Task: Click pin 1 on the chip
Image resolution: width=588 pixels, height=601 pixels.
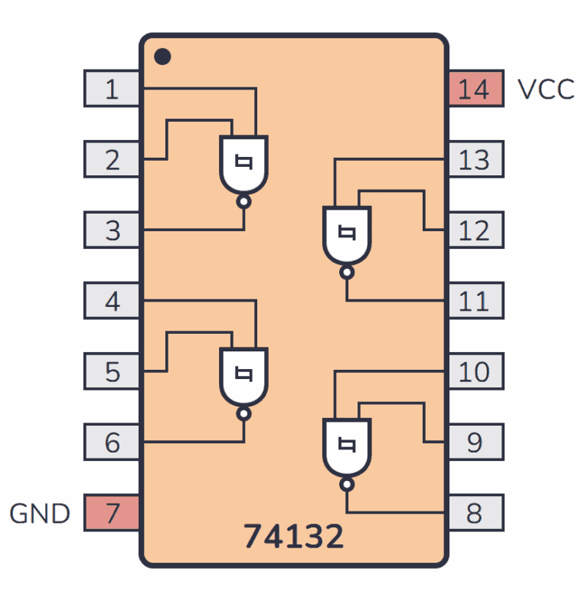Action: [112, 89]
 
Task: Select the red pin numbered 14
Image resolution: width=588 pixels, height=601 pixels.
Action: [475, 89]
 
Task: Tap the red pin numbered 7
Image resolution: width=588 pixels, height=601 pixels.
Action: [112, 512]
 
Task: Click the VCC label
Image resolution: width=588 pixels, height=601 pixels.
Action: [546, 90]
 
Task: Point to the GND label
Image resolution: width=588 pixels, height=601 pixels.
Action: [40, 513]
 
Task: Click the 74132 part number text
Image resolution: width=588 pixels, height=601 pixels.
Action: [294, 537]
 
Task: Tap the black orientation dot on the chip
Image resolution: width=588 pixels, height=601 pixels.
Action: [162, 57]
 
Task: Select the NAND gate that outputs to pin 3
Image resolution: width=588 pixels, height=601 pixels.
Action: [244, 164]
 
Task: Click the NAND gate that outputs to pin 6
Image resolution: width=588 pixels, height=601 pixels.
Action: [244, 375]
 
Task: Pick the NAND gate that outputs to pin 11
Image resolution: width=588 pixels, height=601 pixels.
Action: [347, 234]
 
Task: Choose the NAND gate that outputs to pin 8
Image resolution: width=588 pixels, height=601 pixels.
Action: [347, 446]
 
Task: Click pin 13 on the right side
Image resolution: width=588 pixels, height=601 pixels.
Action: [475, 159]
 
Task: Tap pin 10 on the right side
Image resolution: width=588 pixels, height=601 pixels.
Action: [475, 371]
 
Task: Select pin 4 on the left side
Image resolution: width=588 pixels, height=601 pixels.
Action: [112, 301]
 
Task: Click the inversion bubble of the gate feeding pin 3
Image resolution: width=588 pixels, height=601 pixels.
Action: [244, 202]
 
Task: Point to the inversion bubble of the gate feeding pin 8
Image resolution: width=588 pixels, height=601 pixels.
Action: [347, 485]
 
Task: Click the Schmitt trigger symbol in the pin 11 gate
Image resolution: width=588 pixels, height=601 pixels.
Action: [347, 232]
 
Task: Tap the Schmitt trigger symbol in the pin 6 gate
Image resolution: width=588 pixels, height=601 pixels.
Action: [244, 374]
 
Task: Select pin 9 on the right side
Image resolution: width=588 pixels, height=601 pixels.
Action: [475, 442]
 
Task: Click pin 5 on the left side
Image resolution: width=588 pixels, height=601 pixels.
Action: [112, 371]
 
